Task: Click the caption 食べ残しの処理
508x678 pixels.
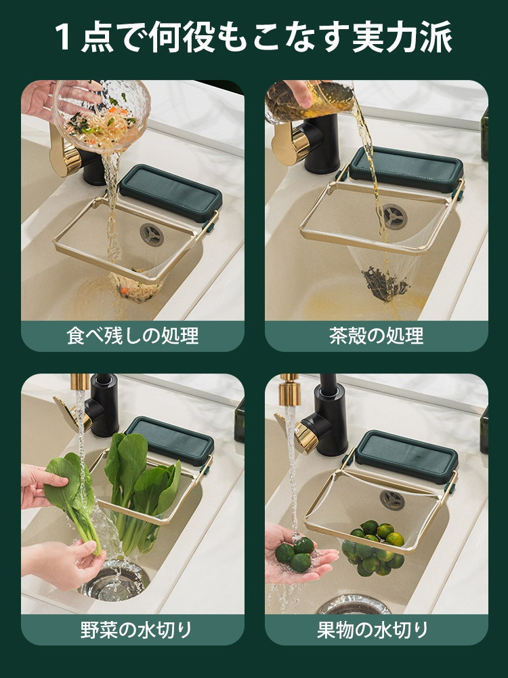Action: coord(133,336)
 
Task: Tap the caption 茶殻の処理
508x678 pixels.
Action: coord(376,336)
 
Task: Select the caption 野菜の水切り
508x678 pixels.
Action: coord(133,630)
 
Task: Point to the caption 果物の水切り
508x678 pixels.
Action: coord(376,630)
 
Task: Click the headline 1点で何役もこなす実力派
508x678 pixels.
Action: coord(254,37)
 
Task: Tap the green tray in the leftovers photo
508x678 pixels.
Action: coord(171,191)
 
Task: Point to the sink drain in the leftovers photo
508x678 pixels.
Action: coord(152,235)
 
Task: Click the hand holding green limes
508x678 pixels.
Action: coord(298,556)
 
